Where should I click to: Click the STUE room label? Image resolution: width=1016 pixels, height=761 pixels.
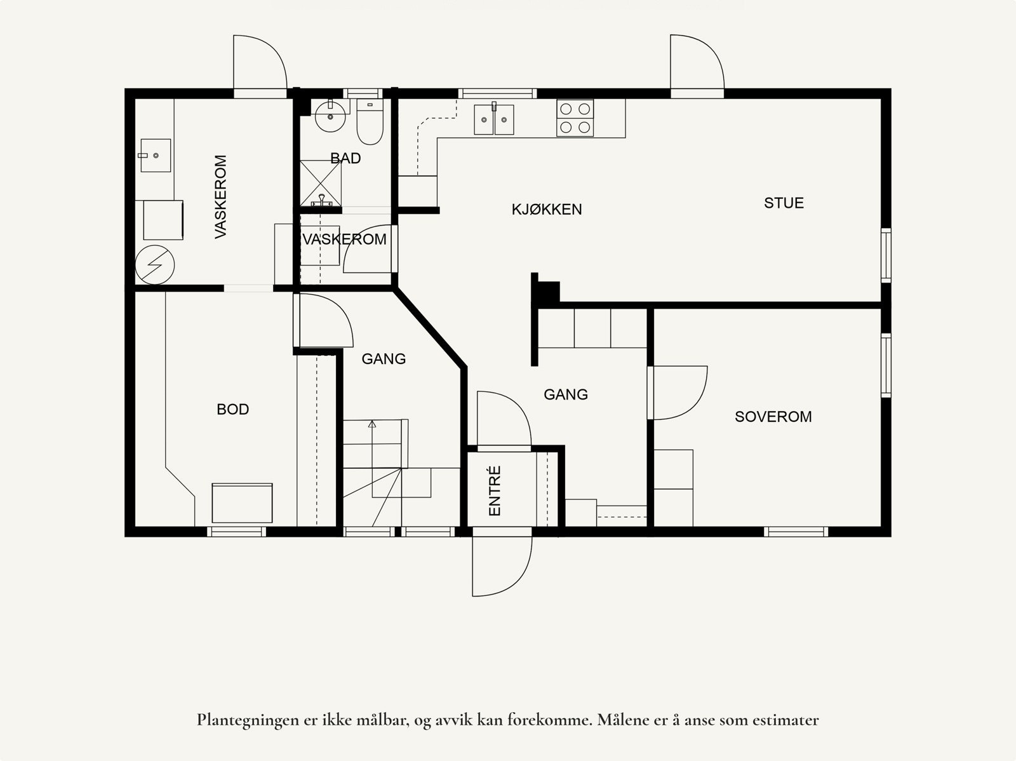(x=784, y=203)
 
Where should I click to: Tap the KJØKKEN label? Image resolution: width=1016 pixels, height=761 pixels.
(x=547, y=210)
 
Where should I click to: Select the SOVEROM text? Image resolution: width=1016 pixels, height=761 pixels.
(x=773, y=417)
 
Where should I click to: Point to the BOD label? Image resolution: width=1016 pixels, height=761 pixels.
(x=233, y=409)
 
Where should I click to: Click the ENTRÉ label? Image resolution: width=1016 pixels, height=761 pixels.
(x=495, y=490)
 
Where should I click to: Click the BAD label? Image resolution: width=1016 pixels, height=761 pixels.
(x=345, y=158)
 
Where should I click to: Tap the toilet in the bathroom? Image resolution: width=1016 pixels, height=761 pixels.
(x=370, y=122)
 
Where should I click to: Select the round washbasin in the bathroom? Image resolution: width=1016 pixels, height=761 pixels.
(x=330, y=117)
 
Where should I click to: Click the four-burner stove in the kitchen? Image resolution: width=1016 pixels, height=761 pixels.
(x=575, y=118)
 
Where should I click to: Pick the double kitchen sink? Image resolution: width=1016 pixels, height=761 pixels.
(x=494, y=119)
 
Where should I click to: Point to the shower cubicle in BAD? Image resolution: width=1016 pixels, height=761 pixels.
(x=321, y=184)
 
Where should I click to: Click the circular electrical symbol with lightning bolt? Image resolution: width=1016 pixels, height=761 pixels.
(x=154, y=265)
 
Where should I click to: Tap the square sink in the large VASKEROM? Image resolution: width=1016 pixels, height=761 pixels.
(x=156, y=156)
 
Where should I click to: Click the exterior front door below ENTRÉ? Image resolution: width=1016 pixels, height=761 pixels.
(x=502, y=566)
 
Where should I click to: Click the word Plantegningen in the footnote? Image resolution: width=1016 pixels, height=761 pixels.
(x=248, y=721)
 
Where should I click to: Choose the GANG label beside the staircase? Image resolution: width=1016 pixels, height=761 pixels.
(x=384, y=359)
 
